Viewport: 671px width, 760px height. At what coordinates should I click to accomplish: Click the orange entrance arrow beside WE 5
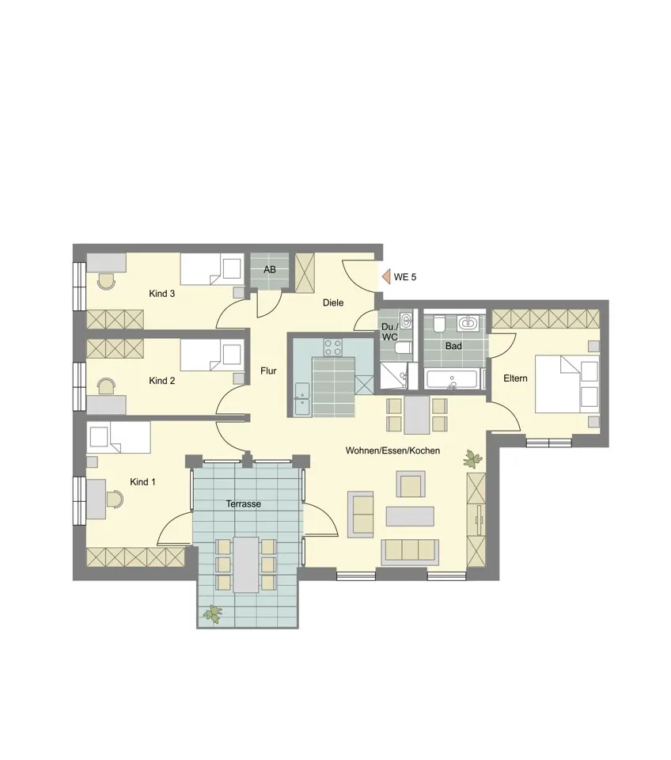(385, 277)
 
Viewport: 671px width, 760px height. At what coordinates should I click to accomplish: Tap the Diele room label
(333, 303)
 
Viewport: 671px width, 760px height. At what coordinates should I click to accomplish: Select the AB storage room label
(270, 269)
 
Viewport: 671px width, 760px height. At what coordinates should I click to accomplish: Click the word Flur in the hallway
(268, 371)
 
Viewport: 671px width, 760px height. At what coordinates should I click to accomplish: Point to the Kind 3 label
(161, 294)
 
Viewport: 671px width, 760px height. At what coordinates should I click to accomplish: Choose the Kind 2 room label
(161, 381)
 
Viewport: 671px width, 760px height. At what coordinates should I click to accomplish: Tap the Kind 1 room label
(143, 482)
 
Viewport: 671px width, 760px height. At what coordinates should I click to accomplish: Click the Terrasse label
(244, 504)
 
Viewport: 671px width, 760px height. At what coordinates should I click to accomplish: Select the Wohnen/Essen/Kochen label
(393, 450)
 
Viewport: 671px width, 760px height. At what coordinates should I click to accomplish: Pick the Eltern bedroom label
(515, 378)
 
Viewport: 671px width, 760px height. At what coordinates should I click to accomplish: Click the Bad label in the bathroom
(453, 346)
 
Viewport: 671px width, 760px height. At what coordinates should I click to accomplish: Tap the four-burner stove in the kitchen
(333, 347)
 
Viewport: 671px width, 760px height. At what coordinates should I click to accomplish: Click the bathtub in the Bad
(454, 379)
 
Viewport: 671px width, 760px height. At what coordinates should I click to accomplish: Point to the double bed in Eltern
(567, 384)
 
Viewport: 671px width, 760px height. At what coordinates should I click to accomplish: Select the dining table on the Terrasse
(246, 564)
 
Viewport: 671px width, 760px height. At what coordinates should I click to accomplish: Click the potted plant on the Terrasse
(213, 614)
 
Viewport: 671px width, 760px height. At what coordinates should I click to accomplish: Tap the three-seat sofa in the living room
(410, 553)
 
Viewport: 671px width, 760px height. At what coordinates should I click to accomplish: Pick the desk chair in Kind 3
(106, 280)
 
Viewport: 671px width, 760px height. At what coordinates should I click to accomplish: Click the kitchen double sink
(302, 399)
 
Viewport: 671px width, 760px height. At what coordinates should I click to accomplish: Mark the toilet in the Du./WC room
(402, 347)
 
